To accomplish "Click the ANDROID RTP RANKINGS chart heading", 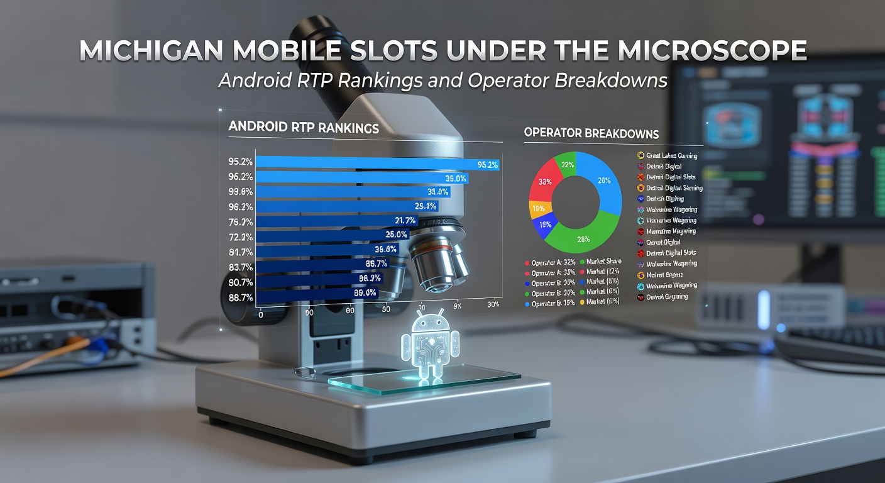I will point(304,128).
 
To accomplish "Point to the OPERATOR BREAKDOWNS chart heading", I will point(591,133).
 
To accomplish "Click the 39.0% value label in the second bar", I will point(455,179).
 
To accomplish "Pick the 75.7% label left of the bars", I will point(241,221).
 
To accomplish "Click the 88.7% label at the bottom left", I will point(241,297).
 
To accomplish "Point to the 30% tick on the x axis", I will point(493,305).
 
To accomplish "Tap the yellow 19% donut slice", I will point(539,208).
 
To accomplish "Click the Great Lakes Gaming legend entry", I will point(671,155).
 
